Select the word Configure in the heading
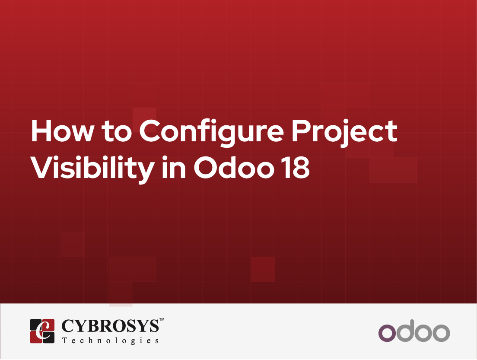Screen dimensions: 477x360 (211, 134)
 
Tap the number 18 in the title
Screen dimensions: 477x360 (296, 167)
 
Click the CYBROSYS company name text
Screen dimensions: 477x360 (110, 326)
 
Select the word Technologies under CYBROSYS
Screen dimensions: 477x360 (111, 341)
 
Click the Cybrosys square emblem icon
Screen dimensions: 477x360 (42, 331)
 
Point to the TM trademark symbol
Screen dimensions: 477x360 (162, 319)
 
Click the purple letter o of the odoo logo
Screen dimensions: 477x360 (387, 333)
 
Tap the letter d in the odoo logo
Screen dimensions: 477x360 (406, 331)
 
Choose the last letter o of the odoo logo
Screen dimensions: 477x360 (441, 333)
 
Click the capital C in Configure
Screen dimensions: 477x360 (150, 131)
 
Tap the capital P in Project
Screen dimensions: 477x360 (301, 131)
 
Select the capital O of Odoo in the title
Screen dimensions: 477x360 (206, 167)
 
